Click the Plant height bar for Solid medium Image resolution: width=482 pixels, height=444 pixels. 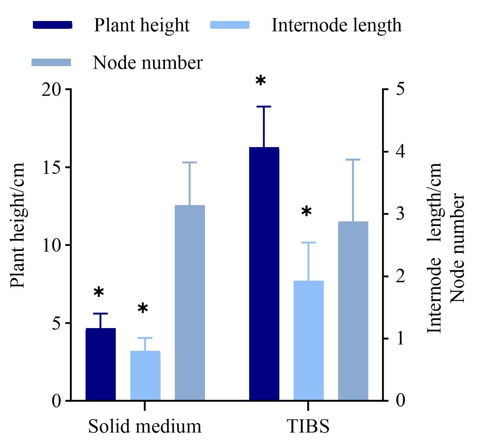coord(100,364)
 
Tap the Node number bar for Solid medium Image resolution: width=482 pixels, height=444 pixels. coord(190,303)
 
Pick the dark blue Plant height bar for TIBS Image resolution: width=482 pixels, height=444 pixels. coord(264,274)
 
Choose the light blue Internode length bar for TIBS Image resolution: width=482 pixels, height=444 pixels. coord(309,341)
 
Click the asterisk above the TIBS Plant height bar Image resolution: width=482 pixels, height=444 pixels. coord(261,80)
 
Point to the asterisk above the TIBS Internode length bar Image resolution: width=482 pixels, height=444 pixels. coord(307,211)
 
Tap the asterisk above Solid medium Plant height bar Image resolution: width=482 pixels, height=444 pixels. coord(99,292)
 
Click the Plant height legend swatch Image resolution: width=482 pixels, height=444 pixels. coord(52,25)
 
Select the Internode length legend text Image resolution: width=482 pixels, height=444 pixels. coord(336,25)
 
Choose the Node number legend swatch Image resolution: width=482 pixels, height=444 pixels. coord(51,62)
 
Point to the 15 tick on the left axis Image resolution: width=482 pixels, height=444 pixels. coord(69,167)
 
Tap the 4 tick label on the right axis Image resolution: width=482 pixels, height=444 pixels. coord(401,152)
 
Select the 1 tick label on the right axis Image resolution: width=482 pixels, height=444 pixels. coord(401,338)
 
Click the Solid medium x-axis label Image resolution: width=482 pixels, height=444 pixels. coord(145,426)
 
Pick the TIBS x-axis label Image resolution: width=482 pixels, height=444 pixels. coord(308,426)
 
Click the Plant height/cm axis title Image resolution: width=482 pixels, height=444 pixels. coord(17,226)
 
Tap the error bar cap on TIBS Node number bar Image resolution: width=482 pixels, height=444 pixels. coord(353,160)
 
